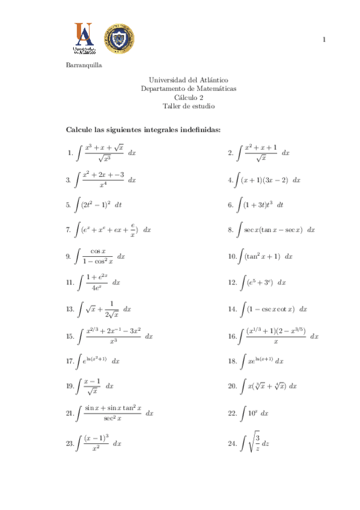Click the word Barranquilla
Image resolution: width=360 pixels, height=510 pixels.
[84, 66]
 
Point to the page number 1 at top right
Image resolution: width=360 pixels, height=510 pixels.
[325, 40]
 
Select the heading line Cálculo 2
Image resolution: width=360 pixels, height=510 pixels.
[189, 97]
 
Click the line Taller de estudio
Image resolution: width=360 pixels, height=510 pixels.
[189, 106]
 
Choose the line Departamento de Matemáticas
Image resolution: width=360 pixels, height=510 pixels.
[189, 88]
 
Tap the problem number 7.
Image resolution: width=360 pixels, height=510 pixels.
[69, 230]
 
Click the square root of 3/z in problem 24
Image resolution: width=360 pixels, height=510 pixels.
[254, 444]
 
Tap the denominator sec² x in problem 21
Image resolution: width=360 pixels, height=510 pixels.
[112, 418]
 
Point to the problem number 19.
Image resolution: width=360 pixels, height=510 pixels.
[69, 386]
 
